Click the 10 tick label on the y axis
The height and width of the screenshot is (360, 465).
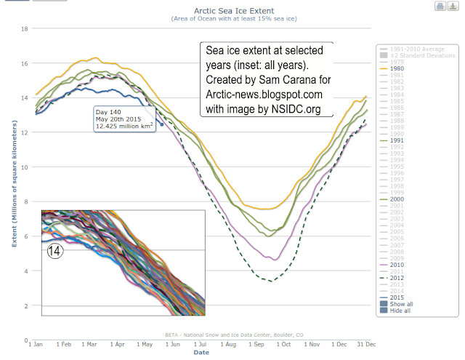coord(23,167)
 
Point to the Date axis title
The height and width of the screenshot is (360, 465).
coord(201,353)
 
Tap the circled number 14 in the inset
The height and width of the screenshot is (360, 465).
coord(56,251)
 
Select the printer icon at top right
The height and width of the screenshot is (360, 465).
coord(440,7)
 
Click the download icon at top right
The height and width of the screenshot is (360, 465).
coord(452,7)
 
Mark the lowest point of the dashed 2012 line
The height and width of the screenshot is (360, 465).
coord(270,281)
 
